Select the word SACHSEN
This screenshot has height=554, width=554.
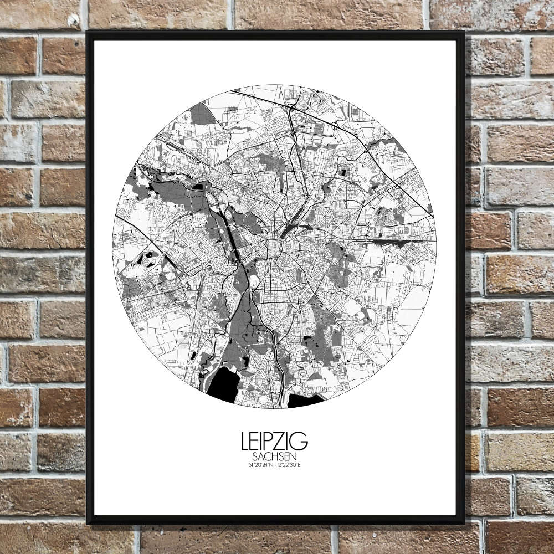coord(274,458)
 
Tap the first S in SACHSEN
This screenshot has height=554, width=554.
coord(254,458)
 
